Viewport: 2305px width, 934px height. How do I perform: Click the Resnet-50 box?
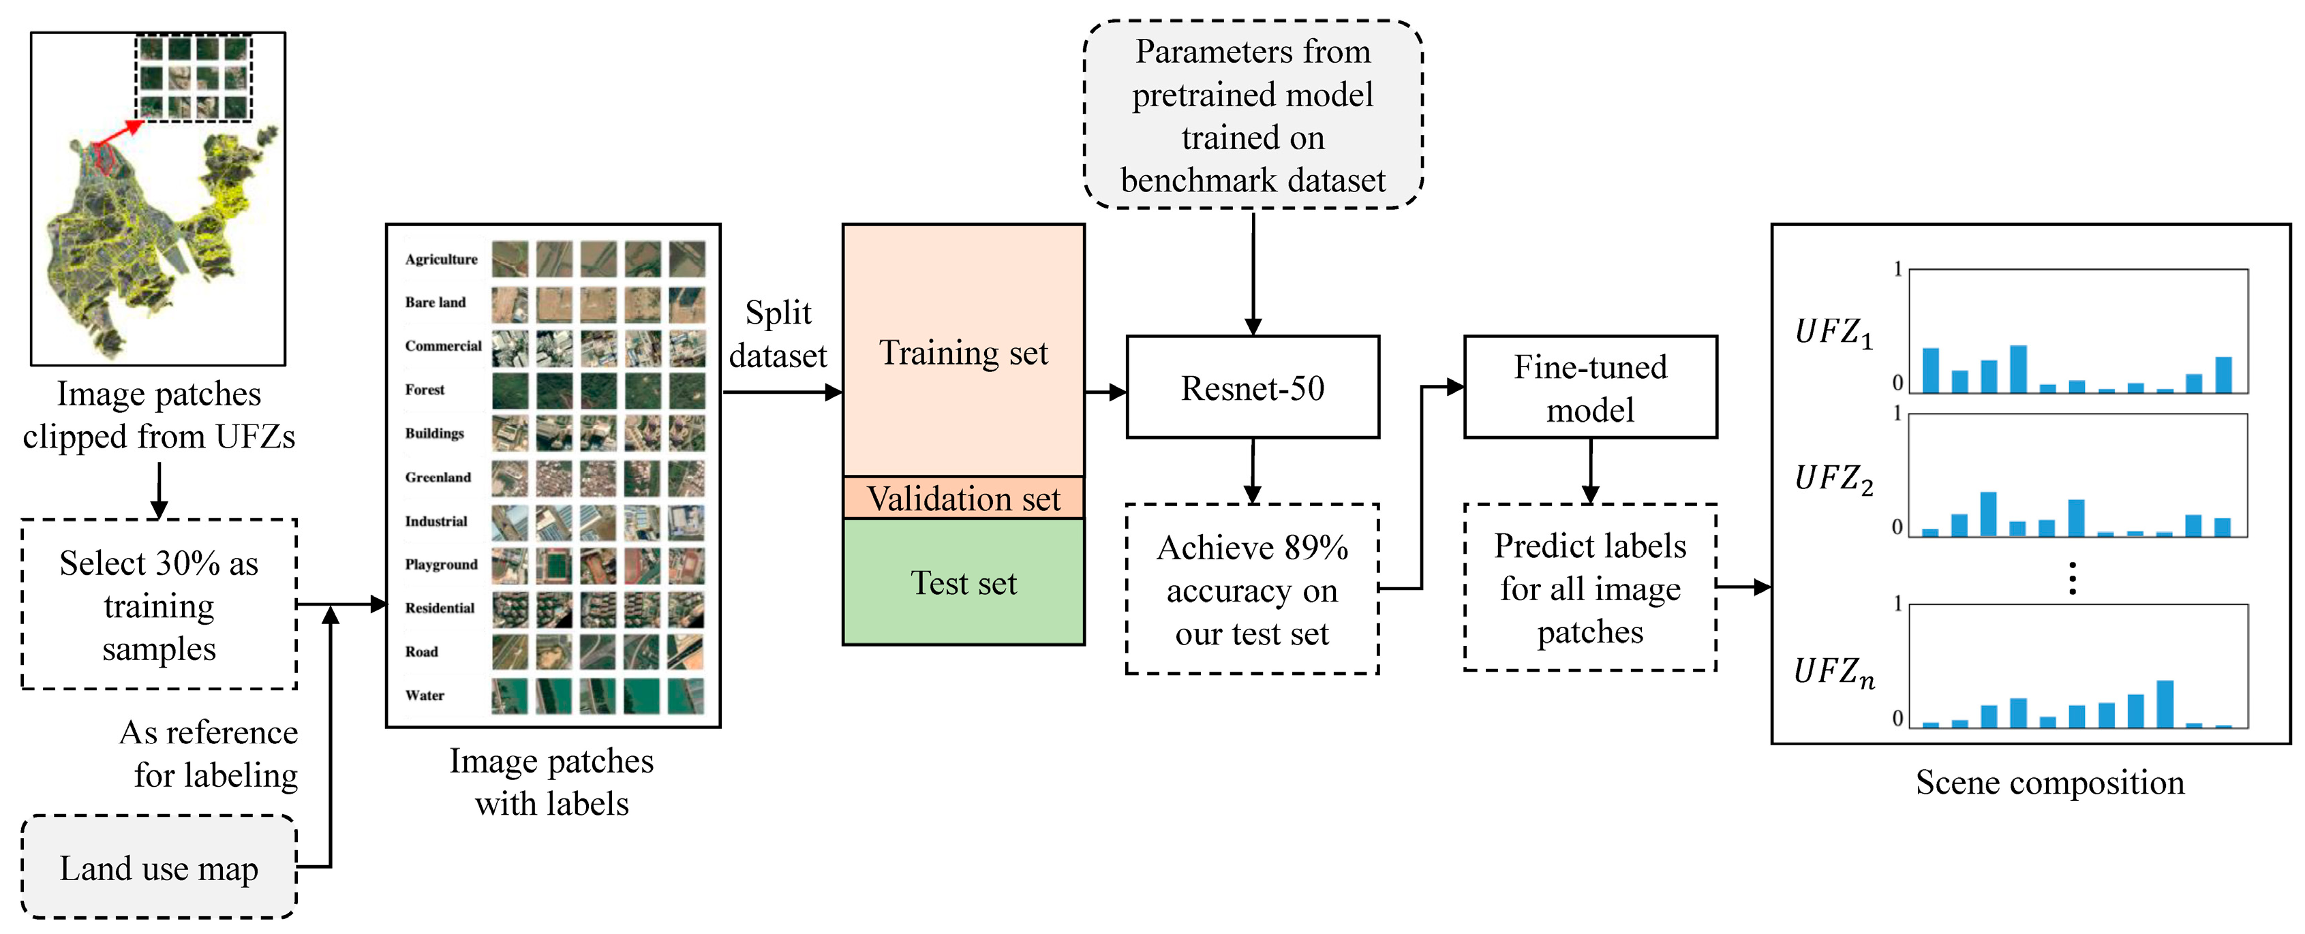[x=1252, y=388]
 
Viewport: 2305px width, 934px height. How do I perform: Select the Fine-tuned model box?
[x=1589, y=388]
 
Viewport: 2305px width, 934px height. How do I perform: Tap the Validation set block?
[x=963, y=498]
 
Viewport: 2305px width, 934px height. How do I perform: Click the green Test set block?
[x=963, y=582]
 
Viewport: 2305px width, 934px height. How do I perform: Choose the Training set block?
[x=963, y=352]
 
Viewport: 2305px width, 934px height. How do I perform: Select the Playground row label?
[x=440, y=565]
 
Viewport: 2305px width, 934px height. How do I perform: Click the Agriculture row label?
[x=440, y=260]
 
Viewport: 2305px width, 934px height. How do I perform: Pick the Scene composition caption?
[x=2049, y=782]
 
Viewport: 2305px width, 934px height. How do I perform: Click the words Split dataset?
[x=778, y=334]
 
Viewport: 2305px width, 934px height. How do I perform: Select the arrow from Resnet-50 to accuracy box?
[x=1252, y=469]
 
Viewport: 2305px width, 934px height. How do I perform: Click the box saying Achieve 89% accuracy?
[x=1252, y=589]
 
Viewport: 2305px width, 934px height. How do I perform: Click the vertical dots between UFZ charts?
[x=2073, y=578]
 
